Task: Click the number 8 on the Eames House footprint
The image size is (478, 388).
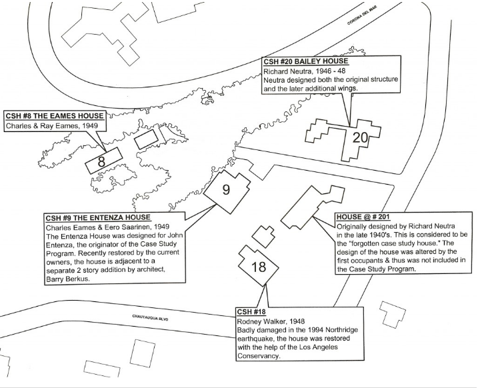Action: (x=101, y=161)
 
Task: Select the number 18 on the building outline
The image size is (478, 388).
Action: (x=259, y=268)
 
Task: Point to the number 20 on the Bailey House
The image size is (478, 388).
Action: (x=360, y=138)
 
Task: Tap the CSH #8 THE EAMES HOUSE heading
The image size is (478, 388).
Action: (x=53, y=116)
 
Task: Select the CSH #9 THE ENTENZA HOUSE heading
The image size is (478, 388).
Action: (x=97, y=218)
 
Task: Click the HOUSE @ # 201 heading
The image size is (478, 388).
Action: (x=363, y=217)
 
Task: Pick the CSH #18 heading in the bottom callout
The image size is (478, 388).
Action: (x=253, y=311)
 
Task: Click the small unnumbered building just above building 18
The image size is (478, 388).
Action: (x=263, y=235)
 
